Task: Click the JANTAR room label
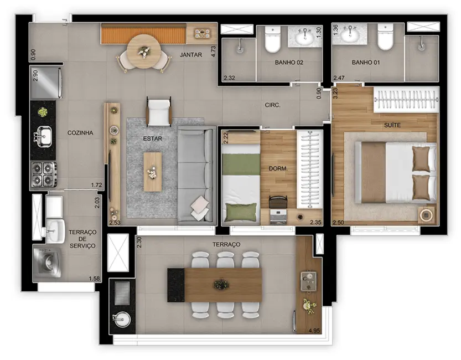point(191,55)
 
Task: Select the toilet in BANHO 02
point(271,40)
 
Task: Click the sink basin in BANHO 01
point(349,35)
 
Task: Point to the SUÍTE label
point(392,125)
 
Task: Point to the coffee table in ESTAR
point(152,172)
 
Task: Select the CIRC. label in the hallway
point(272,104)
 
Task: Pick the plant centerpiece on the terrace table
point(221,285)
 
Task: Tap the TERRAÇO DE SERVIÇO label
point(82,238)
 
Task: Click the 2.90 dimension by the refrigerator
point(36,76)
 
